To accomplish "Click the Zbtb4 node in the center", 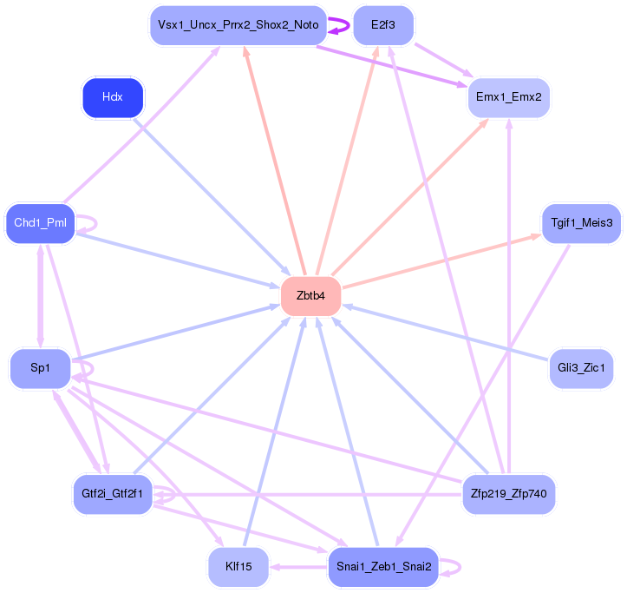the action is (311, 296).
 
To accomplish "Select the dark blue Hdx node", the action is (113, 98).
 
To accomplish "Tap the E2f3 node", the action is (383, 25).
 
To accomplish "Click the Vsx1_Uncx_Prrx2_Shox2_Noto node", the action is (238, 25).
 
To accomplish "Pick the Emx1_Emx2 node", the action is (509, 98).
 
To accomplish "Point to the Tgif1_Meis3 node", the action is (581, 223).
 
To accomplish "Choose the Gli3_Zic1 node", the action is (581, 368).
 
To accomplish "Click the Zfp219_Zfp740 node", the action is (509, 494).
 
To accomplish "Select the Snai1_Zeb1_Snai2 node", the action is (383, 567).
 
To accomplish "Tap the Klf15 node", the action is (238, 567).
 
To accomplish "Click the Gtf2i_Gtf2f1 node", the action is (113, 494).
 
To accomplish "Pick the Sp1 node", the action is (40, 368).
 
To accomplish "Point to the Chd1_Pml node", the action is (40, 223).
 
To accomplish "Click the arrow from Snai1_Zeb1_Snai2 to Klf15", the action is (298, 567).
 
